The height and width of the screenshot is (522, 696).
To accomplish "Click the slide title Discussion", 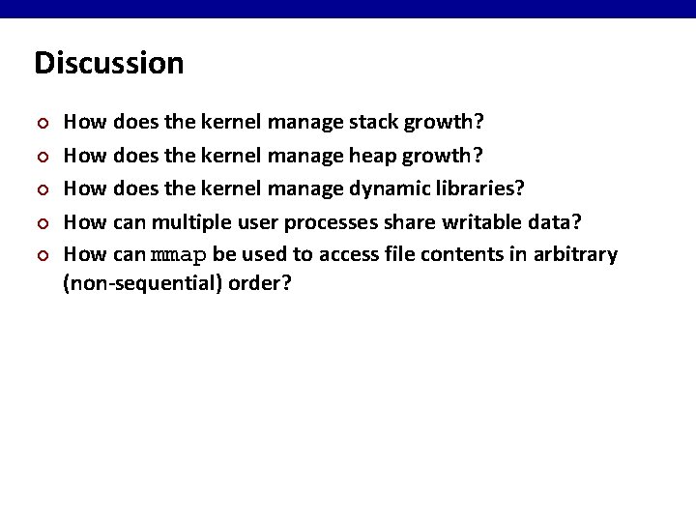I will click(x=108, y=64).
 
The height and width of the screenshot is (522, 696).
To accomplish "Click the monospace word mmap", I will click(x=179, y=255).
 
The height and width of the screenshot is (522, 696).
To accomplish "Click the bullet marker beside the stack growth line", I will click(x=40, y=124).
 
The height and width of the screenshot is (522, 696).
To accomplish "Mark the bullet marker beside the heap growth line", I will click(x=40, y=157).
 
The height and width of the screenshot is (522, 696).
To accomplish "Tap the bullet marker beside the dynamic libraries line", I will click(x=40, y=189).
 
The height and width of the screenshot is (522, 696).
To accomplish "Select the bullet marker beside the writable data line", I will click(x=40, y=222).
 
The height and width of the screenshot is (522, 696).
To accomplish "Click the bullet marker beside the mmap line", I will click(x=40, y=255).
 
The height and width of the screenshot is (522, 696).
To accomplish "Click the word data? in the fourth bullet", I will click(x=558, y=221).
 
